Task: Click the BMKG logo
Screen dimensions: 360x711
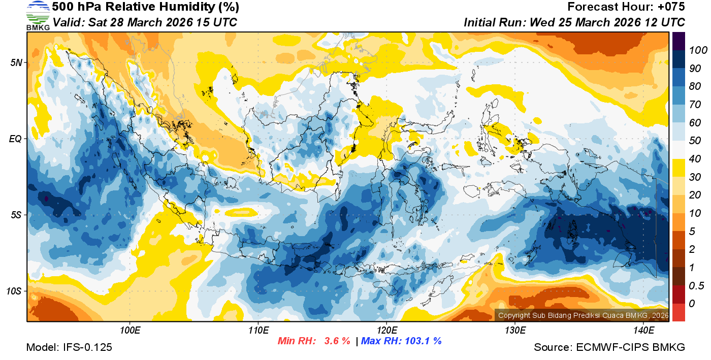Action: [x=38, y=16]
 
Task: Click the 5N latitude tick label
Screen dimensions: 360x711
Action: [x=15, y=62]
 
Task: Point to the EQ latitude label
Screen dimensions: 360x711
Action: [x=15, y=139]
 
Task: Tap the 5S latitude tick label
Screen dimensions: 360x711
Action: [x=15, y=215]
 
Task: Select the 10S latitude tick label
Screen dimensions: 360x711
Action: [x=14, y=291]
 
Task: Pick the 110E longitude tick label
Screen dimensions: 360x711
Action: [x=258, y=331]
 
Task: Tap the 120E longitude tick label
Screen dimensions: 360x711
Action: [x=386, y=331]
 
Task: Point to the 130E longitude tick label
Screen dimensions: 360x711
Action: [x=515, y=331]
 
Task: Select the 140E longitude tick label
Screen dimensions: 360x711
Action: [x=643, y=331]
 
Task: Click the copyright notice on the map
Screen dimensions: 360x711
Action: [x=583, y=315]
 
